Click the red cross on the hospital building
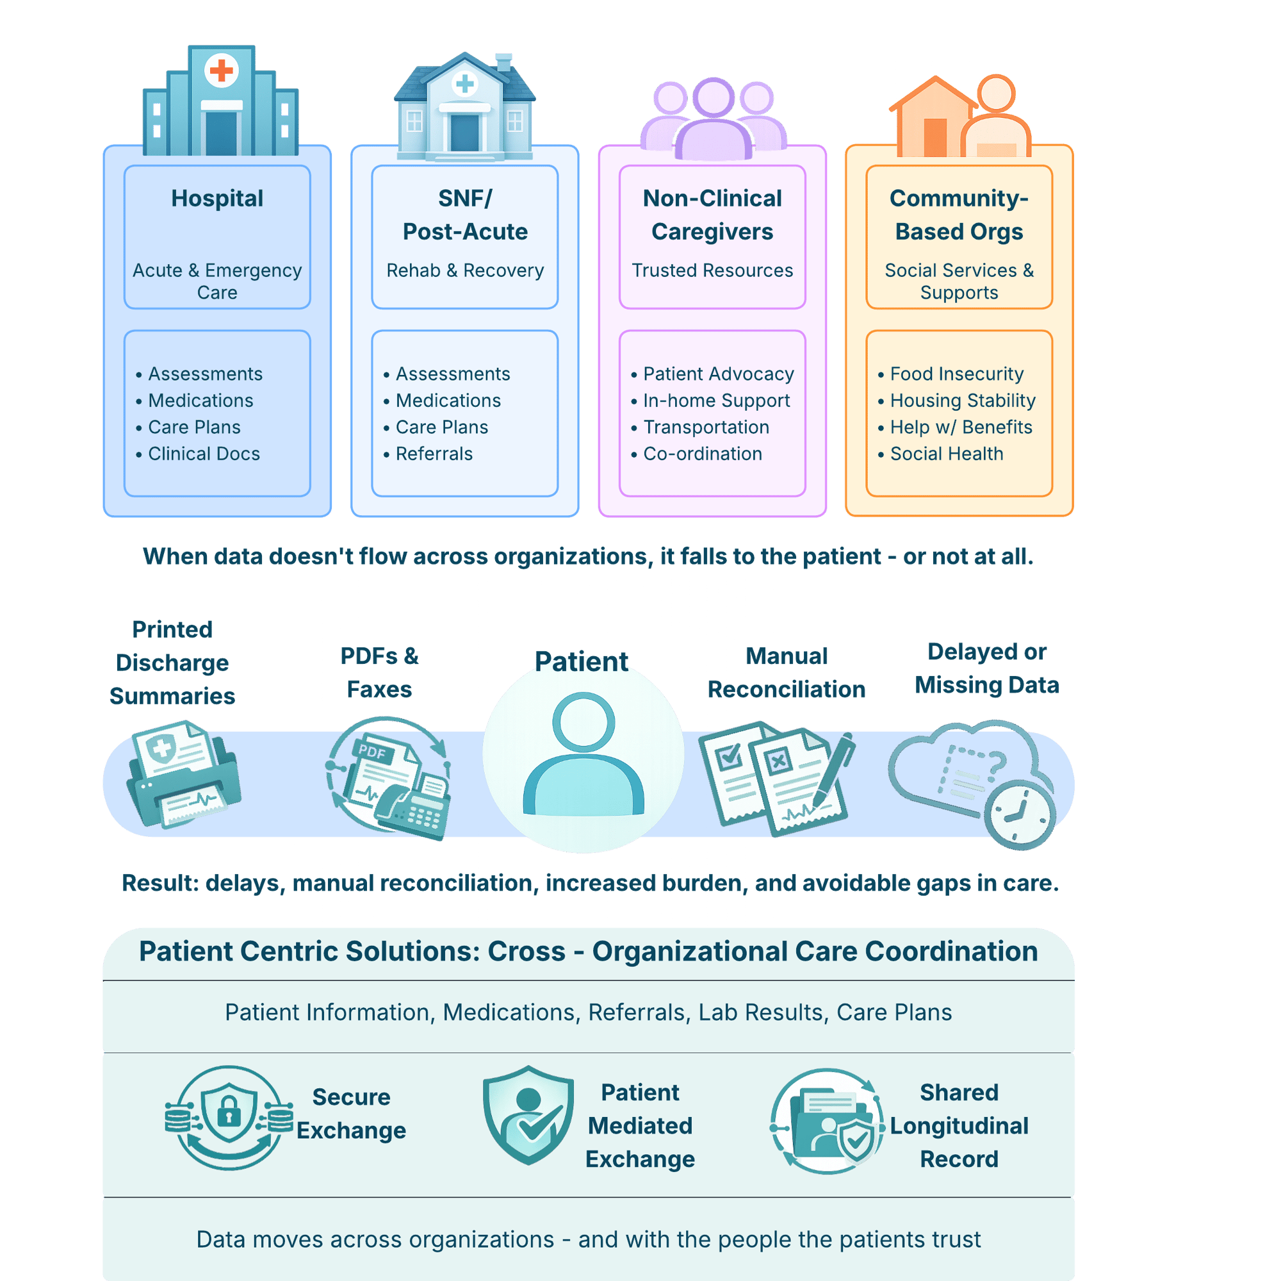click(x=222, y=70)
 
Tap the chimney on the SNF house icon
click(x=503, y=62)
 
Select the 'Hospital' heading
click(x=216, y=198)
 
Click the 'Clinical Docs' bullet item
click(x=204, y=454)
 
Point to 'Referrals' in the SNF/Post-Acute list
click(x=434, y=454)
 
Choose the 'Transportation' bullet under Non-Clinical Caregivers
click(x=706, y=427)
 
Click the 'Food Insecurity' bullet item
click(x=956, y=374)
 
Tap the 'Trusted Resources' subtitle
click(x=712, y=270)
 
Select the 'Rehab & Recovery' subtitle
click(x=464, y=270)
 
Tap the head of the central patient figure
click(x=583, y=723)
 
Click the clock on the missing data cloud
click(x=1019, y=815)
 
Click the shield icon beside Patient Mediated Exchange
click(x=528, y=1115)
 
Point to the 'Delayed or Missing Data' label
click(x=986, y=668)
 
